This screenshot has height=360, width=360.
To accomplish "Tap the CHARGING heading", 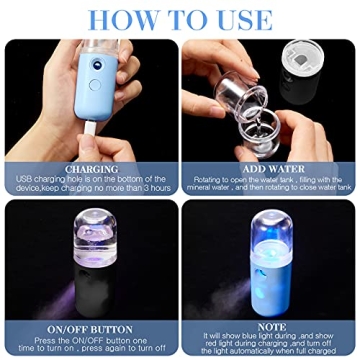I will point(92,169).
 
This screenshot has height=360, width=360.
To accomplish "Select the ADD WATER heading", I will point(268,169).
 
